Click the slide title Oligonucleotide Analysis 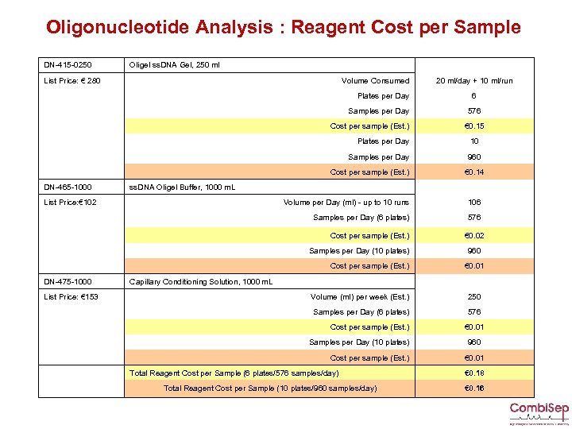point(283,27)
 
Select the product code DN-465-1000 point(68,187)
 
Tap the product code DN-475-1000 point(68,282)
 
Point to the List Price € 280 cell point(72,80)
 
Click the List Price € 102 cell point(71,203)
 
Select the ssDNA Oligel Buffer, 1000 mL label point(182,187)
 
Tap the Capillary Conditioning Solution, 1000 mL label point(200,282)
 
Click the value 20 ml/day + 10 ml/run point(474,80)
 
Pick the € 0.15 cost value point(474,126)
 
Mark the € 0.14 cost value point(474,172)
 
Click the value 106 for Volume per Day point(474,203)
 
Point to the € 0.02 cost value point(474,236)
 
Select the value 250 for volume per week point(474,297)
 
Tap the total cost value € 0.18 point(474,373)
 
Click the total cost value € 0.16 point(474,388)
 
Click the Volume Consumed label point(375,80)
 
